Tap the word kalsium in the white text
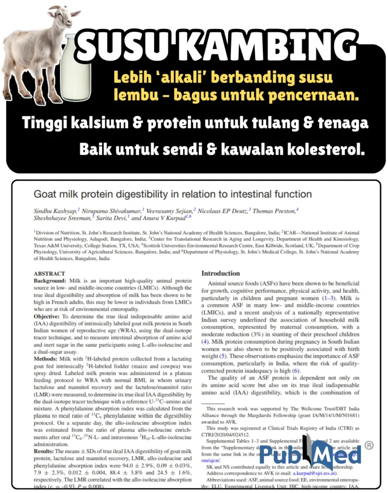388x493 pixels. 98,123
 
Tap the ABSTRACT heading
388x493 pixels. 50,273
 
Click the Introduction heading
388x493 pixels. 220,273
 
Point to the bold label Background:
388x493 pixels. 50,280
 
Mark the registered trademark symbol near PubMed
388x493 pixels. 369,445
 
